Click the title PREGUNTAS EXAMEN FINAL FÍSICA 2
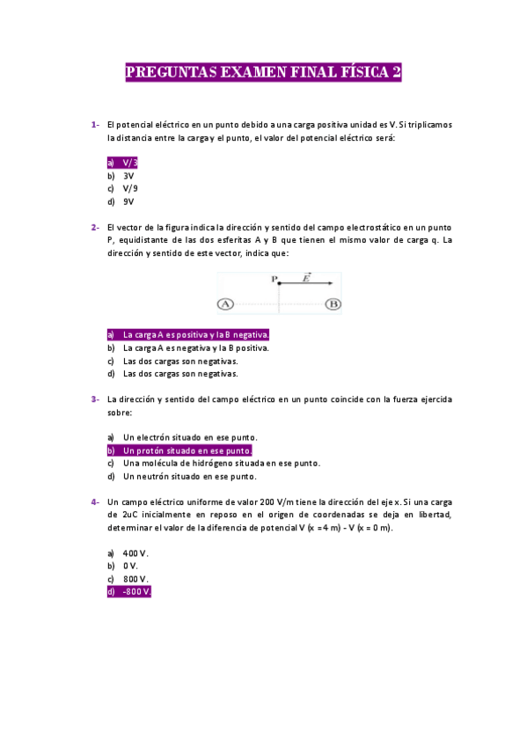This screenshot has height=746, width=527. click(264, 73)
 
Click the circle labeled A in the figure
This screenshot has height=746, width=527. click(225, 304)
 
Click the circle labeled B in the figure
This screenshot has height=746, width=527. click(333, 304)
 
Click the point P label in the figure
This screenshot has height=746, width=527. click(274, 279)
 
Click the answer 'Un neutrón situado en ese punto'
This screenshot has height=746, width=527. click(189, 477)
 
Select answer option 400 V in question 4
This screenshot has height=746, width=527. click(135, 553)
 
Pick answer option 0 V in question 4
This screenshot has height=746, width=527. click(132, 566)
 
